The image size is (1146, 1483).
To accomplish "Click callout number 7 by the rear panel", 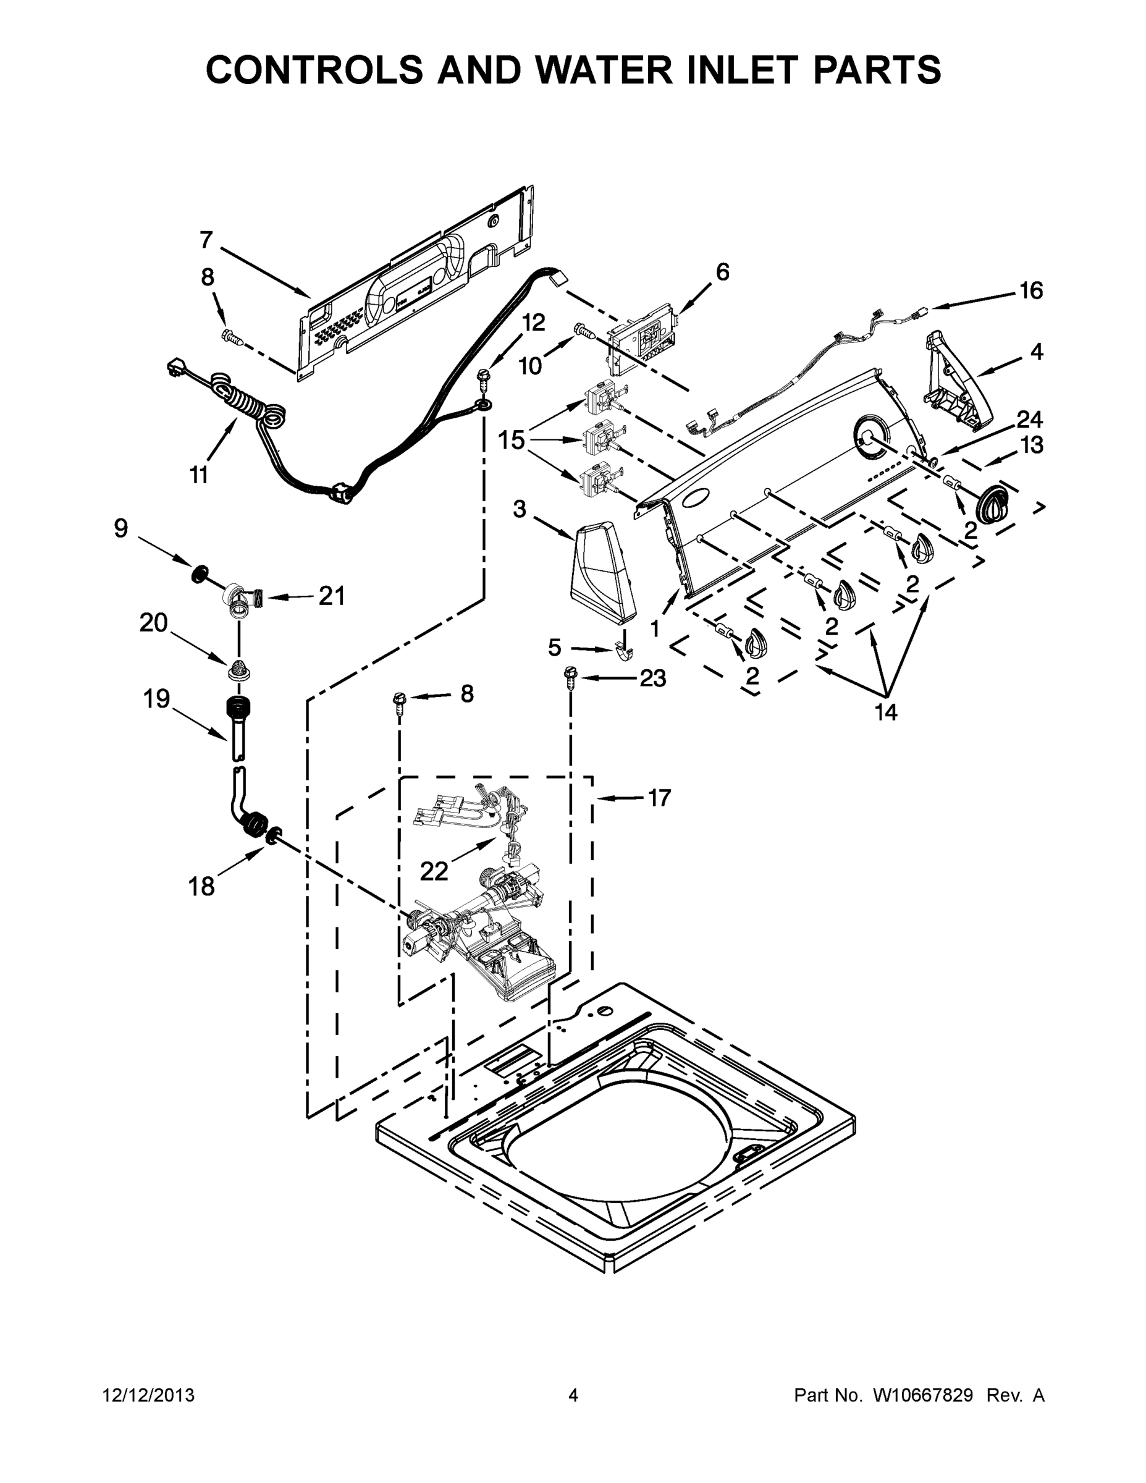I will point(206,240).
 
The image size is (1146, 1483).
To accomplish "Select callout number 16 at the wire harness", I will point(1030,290).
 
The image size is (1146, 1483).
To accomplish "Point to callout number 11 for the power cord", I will point(198,475).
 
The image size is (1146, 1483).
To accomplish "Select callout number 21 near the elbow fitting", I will point(332,596).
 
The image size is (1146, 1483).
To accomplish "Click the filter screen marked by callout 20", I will point(237,669).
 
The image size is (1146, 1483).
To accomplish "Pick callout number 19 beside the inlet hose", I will point(156,698).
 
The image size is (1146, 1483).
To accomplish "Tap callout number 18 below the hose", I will point(201,887).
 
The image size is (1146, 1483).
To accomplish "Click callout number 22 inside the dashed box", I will point(434,871).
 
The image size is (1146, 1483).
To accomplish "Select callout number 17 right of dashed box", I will point(659,798).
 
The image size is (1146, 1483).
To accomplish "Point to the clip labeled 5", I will point(623,653).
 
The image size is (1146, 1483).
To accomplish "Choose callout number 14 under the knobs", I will point(886,712).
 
